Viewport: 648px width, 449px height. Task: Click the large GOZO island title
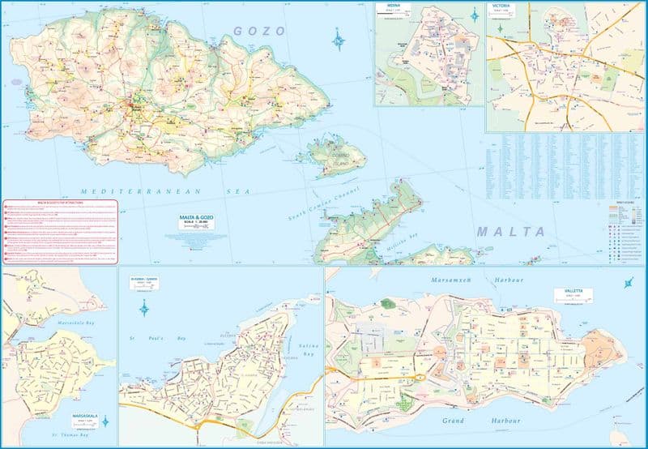click(259, 31)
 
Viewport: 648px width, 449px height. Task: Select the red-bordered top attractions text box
click(60, 232)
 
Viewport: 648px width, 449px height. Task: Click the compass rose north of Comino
click(339, 40)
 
